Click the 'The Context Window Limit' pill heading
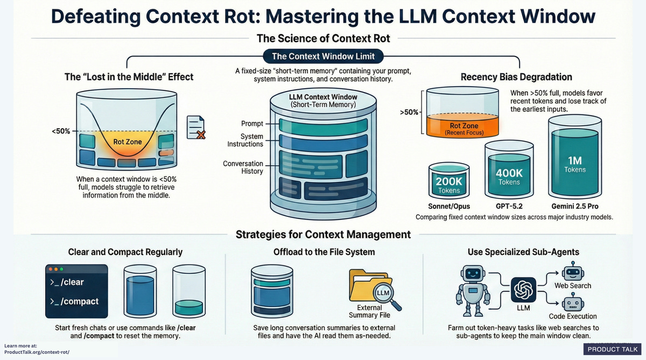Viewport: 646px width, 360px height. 323,56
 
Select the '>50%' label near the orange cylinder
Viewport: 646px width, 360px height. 409,113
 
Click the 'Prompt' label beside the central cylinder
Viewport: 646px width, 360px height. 252,124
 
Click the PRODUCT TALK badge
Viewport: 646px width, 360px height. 612,349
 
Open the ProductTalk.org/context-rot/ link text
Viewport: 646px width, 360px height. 37,352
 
